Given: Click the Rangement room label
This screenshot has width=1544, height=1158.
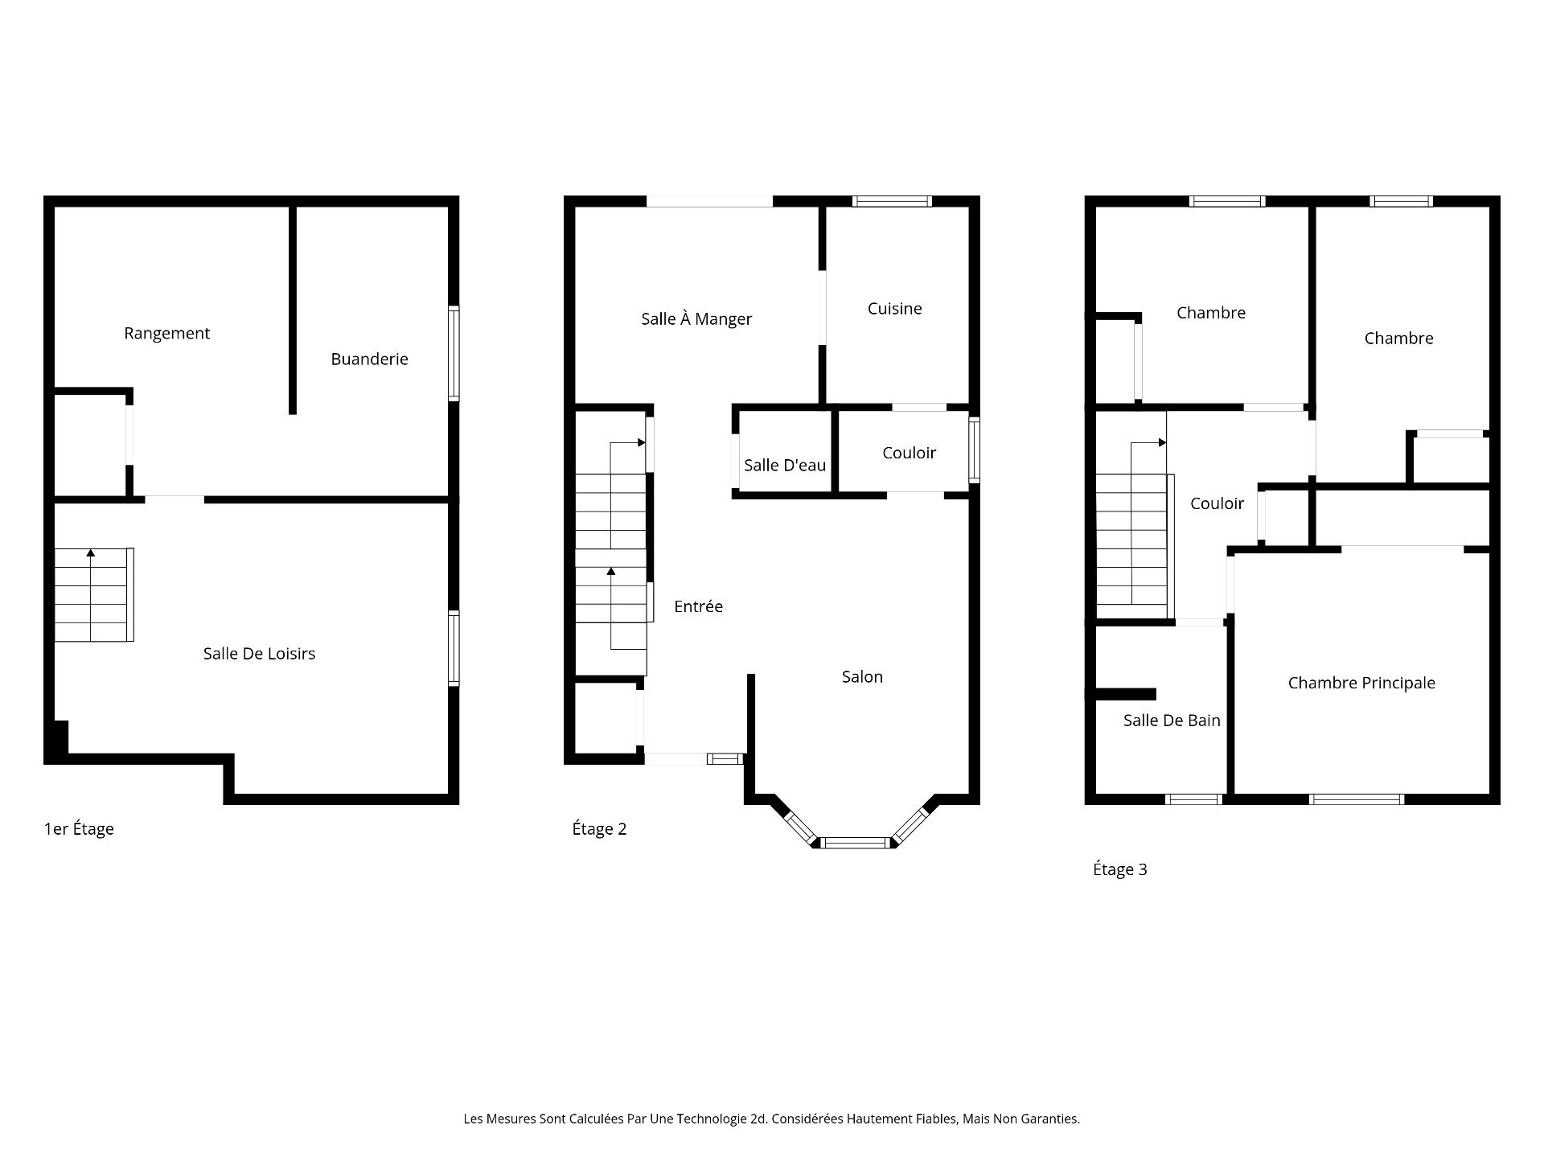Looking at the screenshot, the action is pyautogui.click(x=166, y=333).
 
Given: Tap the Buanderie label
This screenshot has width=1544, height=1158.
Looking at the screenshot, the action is pyautogui.click(x=369, y=359).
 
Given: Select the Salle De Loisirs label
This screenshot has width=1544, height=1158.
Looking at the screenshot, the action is pyautogui.click(x=259, y=654).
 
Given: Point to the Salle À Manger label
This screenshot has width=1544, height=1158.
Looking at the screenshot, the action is pyautogui.click(x=696, y=318).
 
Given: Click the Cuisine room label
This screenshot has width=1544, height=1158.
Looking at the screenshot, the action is pyautogui.click(x=894, y=308).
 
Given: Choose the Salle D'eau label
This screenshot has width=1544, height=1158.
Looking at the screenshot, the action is pyautogui.click(x=785, y=465).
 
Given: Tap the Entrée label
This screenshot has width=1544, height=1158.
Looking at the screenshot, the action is pyautogui.click(x=698, y=606).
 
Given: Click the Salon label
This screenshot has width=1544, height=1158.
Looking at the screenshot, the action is pyautogui.click(x=862, y=677).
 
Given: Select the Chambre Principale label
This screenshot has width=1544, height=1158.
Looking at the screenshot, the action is pyautogui.click(x=1361, y=683).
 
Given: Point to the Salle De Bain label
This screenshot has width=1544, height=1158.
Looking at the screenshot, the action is pyautogui.click(x=1172, y=721).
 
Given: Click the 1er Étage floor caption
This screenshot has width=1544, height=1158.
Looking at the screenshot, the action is pyautogui.click(x=79, y=828).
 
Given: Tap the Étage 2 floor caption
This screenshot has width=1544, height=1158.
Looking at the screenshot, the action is pyautogui.click(x=599, y=829).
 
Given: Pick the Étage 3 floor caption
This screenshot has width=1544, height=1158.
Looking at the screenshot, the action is pyautogui.click(x=1119, y=869).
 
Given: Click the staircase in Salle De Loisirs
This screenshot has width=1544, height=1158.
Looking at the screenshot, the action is pyautogui.click(x=93, y=595).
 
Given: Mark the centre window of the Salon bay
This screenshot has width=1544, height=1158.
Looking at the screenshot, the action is pyautogui.click(x=856, y=843).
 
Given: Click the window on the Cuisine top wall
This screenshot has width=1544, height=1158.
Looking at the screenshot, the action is pyautogui.click(x=892, y=201).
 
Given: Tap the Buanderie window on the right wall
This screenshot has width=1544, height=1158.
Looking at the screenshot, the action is pyautogui.click(x=454, y=353).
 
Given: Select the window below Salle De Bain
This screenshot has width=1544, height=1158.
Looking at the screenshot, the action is pyautogui.click(x=1193, y=799).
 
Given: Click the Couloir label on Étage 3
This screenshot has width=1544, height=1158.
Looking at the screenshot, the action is pyautogui.click(x=1217, y=503).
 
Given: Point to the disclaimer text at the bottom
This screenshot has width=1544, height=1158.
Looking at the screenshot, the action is pyautogui.click(x=772, y=1119).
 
